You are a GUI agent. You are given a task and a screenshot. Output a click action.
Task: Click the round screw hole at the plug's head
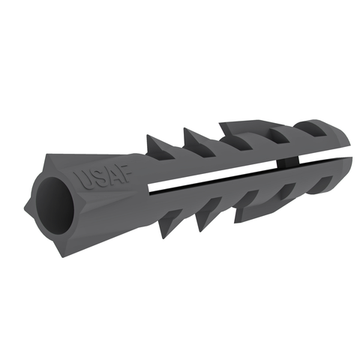pyautogui.click(x=55, y=205)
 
